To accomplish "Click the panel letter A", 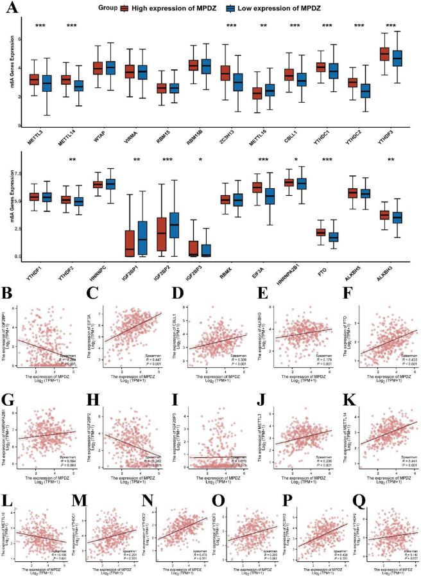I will click(x=11, y=11).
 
